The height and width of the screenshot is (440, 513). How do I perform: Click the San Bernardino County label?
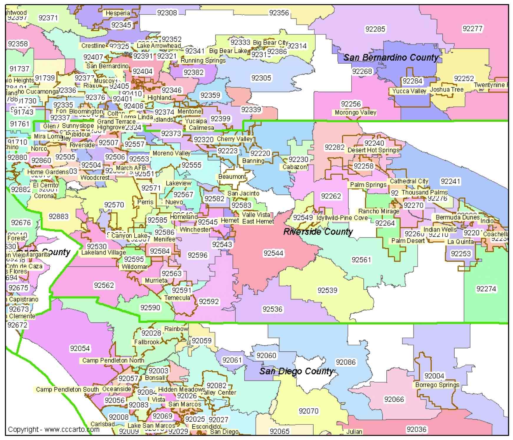pos(391,57)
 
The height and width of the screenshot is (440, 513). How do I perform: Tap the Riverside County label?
pos(318,232)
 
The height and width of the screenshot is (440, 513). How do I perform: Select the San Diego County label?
pos(296,371)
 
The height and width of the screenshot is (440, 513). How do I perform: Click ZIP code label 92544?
pos(273,253)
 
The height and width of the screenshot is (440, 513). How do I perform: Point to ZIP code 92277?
pos(472,29)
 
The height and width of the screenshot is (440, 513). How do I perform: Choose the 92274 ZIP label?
pos(486,289)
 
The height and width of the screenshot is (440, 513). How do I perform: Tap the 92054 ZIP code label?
pos(80,348)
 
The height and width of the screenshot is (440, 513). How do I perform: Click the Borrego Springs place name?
pos(437,385)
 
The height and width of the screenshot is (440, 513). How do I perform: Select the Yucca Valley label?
pos(409,91)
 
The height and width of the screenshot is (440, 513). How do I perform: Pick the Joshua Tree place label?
pos(447,90)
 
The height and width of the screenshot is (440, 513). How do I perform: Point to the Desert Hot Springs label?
pos(373,150)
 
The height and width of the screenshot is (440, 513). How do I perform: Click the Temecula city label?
pos(177,298)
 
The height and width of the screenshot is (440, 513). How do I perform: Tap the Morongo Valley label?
pos(355,113)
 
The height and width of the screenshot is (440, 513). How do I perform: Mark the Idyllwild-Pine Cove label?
pos(342,218)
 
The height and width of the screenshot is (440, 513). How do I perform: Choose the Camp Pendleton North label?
pos(113,360)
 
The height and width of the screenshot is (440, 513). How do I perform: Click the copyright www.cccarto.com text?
pos(54,429)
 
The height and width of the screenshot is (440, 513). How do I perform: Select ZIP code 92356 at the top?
pos(279,13)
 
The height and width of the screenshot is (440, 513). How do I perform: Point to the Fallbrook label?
pos(147,342)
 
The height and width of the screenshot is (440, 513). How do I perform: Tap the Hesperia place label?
pos(118,13)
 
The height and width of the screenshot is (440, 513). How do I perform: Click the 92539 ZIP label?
pos(327,290)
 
